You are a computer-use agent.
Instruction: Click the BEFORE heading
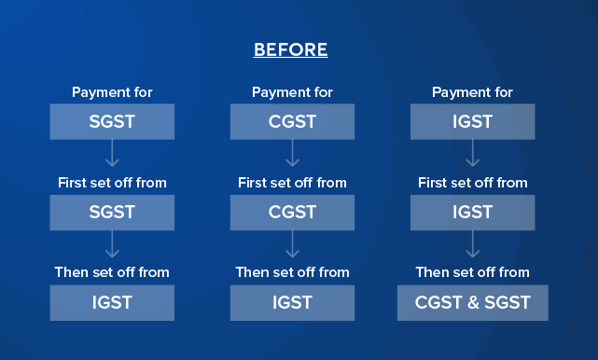pos(290,50)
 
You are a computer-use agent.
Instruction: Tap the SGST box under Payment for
pos(112,122)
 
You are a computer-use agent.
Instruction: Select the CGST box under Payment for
pos(292,122)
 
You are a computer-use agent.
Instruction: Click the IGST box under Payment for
pos(472,122)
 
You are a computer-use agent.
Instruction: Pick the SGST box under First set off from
pos(112,213)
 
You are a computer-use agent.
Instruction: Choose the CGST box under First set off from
pos(292,213)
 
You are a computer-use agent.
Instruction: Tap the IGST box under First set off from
pos(472,213)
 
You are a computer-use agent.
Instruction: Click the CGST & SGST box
pos(472,303)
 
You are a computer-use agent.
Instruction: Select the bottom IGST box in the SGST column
pos(112,303)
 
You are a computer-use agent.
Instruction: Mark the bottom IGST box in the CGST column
pos(292,303)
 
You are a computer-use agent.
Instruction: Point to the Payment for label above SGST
pos(112,92)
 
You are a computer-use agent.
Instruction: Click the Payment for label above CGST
pos(292,92)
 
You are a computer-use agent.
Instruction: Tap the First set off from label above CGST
pos(292,183)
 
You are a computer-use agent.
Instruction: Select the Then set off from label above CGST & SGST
pos(472,272)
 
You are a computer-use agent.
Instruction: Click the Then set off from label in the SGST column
pos(112,272)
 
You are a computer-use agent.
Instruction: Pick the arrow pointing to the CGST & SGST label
pos(472,243)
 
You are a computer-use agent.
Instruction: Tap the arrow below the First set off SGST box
pos(112,243)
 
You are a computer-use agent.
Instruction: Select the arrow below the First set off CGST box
pos(292,243)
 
